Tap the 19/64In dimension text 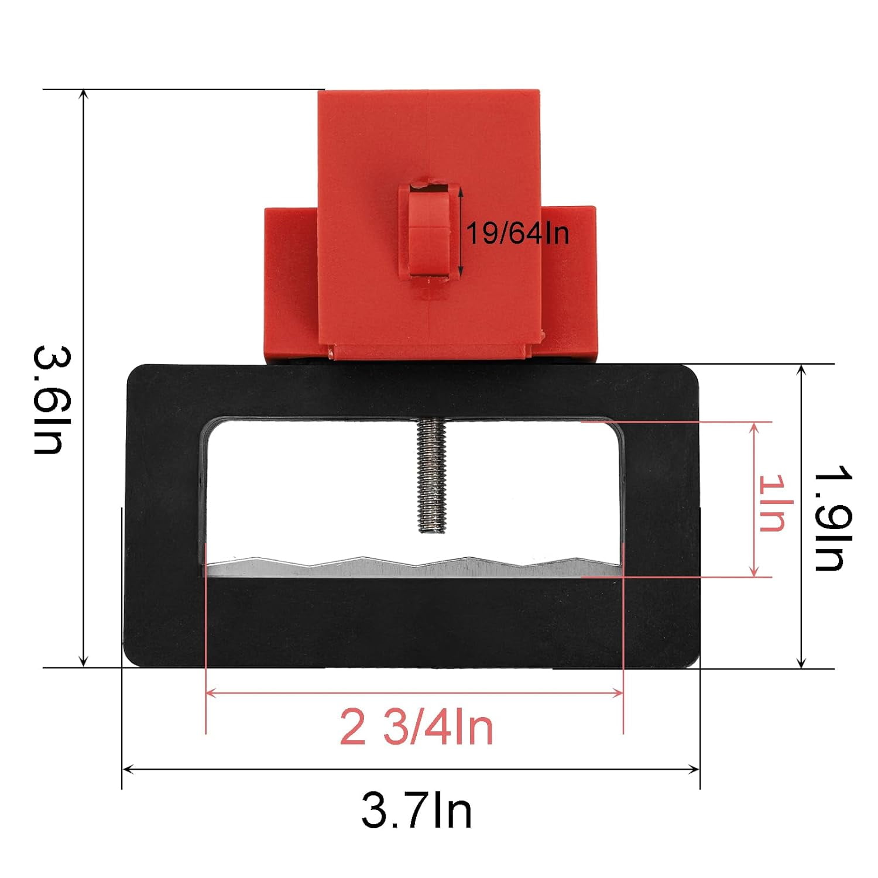pyautogui.click(x=517, y=234)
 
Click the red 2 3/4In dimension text pyautogui.click(x=417, y=727)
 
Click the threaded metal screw pyautogui.click(x=431, y=474)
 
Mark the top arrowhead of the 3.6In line pyautogui.click(x=84, y=94)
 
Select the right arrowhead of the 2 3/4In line pyautogui.click(x=619, y=693)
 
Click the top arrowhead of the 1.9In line pyautogui.click(x=801, y=368)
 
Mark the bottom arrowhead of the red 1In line pyautogui.click(x=754, y=573)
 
